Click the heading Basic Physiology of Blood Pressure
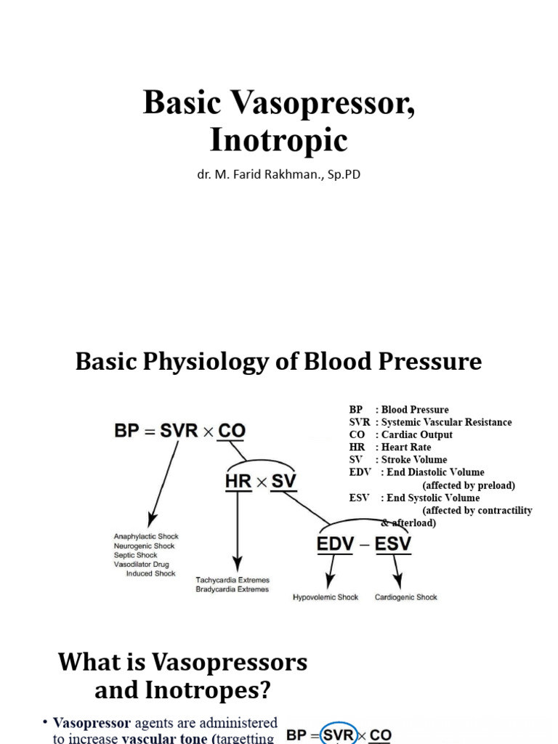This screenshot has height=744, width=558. coord(279,361)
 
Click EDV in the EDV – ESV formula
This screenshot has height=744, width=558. coord(338,543)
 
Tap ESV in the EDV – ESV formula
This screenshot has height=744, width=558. coord(393,543)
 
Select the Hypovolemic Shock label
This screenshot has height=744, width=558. coord(325,597)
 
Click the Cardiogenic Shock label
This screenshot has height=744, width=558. coord(406,597)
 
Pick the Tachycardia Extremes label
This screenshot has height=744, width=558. coord(232,580)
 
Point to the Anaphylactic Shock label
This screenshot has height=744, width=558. coord(146,536)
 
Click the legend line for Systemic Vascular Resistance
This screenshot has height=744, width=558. coord(430,422)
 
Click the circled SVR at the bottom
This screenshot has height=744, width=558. coord(338,735)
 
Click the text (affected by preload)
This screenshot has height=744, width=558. coord(469,485)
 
